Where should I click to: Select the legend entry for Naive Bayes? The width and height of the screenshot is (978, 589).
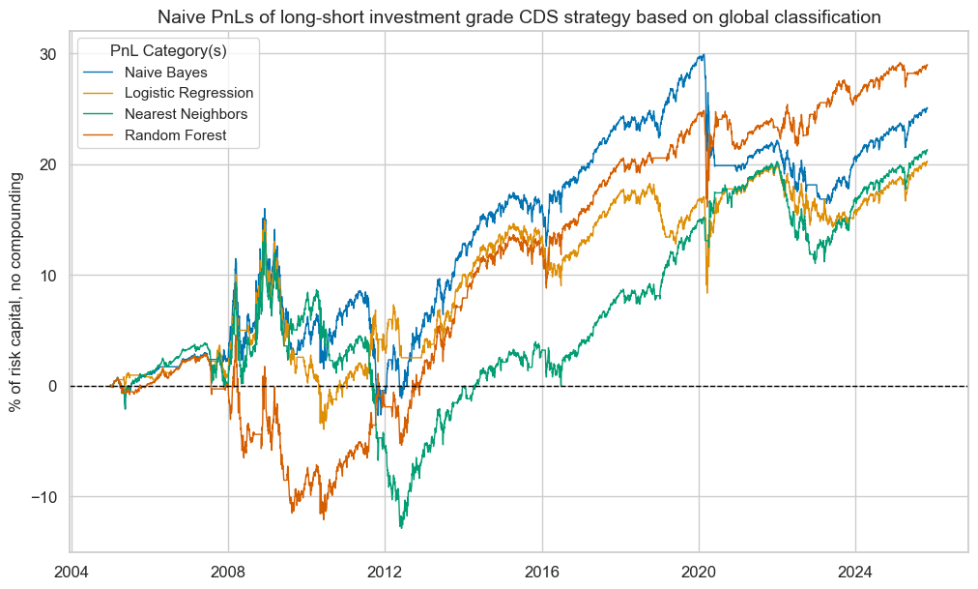(165, 73)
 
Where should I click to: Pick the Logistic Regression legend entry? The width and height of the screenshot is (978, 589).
(188, 93)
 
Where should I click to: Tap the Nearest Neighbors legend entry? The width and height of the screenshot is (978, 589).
(186, 114)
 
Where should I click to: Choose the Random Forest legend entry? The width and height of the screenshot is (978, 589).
(175, 134)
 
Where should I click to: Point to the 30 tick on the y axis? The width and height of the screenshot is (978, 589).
(48, 54)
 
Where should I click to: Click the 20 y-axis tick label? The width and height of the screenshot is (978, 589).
(48, 164)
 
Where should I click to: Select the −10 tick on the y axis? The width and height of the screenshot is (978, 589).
(43, 496)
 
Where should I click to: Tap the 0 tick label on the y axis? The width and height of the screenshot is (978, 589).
(53, 386)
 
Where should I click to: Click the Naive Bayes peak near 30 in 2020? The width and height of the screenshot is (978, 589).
(704, 55)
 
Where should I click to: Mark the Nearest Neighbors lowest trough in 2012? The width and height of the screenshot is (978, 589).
(401, 527)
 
